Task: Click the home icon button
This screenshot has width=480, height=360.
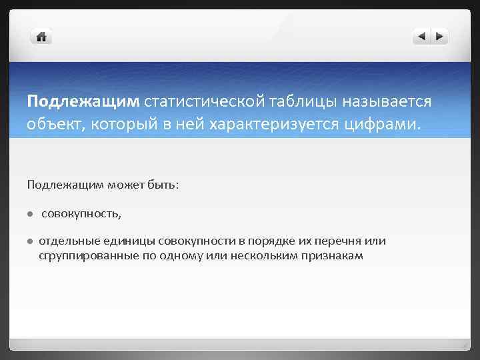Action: pyautogui.click(x=41, y=37)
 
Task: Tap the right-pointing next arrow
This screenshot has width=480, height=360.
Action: pyautogui.click(x=439, y=37)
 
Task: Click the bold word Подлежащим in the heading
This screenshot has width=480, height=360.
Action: pyautogui.click(x=83, y=101)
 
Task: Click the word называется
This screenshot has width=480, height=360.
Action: pyautogui.click(x=387, y=101)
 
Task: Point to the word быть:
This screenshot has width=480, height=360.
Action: pyautogui.click(x=162, y=184)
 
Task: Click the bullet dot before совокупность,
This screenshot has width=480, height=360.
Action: pyautogui.click(x=30, y=214)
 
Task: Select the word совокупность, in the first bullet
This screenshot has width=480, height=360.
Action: pyautogui.click(x=82, y=214)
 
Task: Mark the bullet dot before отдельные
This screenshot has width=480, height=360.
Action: pyautogui.click(x=30, y=241)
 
